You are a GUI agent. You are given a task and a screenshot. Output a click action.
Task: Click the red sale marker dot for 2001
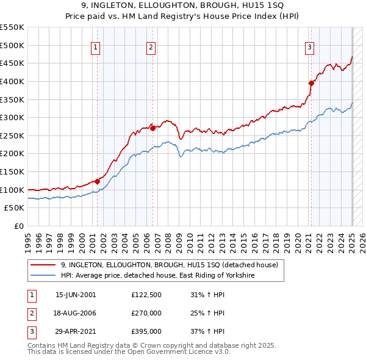tap(97, 181)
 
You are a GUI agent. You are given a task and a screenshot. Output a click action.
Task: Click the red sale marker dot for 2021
tap(310, 83)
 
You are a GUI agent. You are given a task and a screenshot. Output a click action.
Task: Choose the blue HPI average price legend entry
tap(152, 276)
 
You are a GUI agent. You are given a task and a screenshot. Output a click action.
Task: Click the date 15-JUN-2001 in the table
tap(76, 295)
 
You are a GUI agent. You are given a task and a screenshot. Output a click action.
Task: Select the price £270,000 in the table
tap(146, 314)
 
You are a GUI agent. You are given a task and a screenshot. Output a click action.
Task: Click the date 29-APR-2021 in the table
tap(76, 332)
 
